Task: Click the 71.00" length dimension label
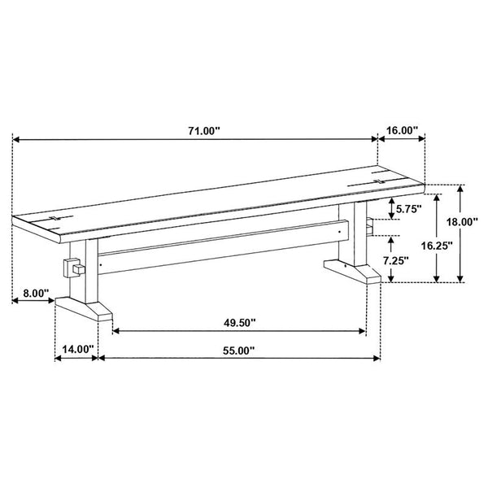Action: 204,131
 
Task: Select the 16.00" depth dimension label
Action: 402,130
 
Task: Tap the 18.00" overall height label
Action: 462,222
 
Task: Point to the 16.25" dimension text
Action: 437,246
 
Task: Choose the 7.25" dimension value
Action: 395,261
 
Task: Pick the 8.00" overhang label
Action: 36,293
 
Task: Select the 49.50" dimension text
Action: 239,323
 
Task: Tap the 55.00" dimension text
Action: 238,351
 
